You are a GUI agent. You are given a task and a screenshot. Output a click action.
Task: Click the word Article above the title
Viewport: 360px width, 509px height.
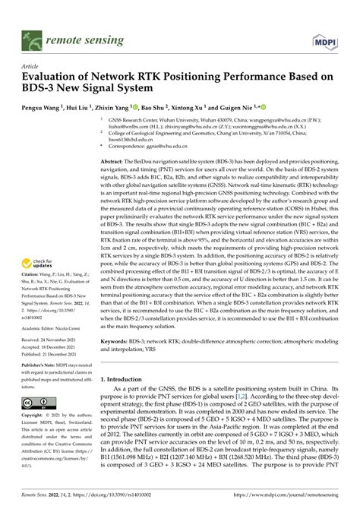click(x=33, y=68)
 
